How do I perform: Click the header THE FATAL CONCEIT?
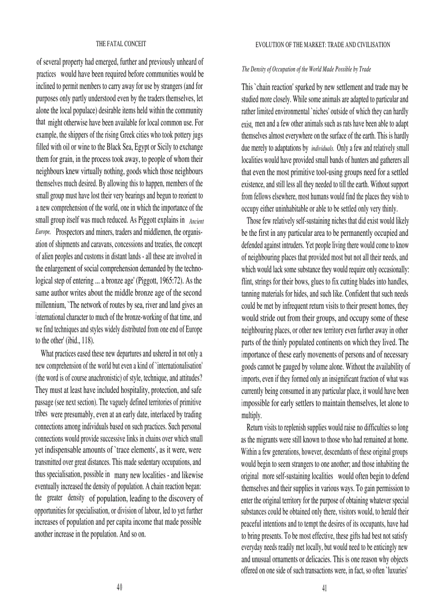[120, 44]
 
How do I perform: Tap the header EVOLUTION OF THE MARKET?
[322, 45]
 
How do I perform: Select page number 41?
[325, 588]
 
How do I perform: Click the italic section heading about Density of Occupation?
[306, 70]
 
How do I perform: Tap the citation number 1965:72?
[170, 280]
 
